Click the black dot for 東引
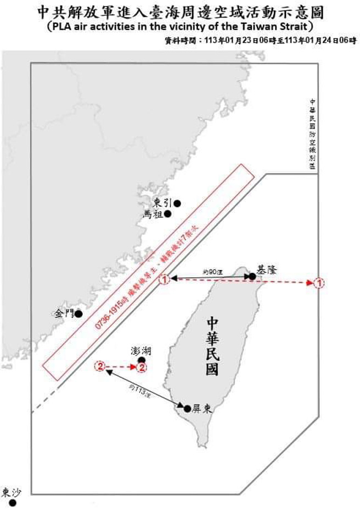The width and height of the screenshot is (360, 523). (177, 204)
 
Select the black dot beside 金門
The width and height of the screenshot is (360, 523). (78, 314)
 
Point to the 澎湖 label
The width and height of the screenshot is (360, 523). (141, 350)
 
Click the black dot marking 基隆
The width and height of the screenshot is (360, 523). (252, 277)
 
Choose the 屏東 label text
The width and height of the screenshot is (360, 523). (202, 409)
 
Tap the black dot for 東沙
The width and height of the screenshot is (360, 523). (13, 503)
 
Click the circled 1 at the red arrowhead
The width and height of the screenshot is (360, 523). (319, 283)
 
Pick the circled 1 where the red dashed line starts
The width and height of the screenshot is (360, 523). (164, 280)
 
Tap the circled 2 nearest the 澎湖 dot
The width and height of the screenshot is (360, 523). (142, 366)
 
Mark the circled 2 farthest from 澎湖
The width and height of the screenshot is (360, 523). (100, 366)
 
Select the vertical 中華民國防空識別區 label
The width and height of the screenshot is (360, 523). (312, 134)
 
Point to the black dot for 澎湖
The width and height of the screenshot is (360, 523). (142, 360)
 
